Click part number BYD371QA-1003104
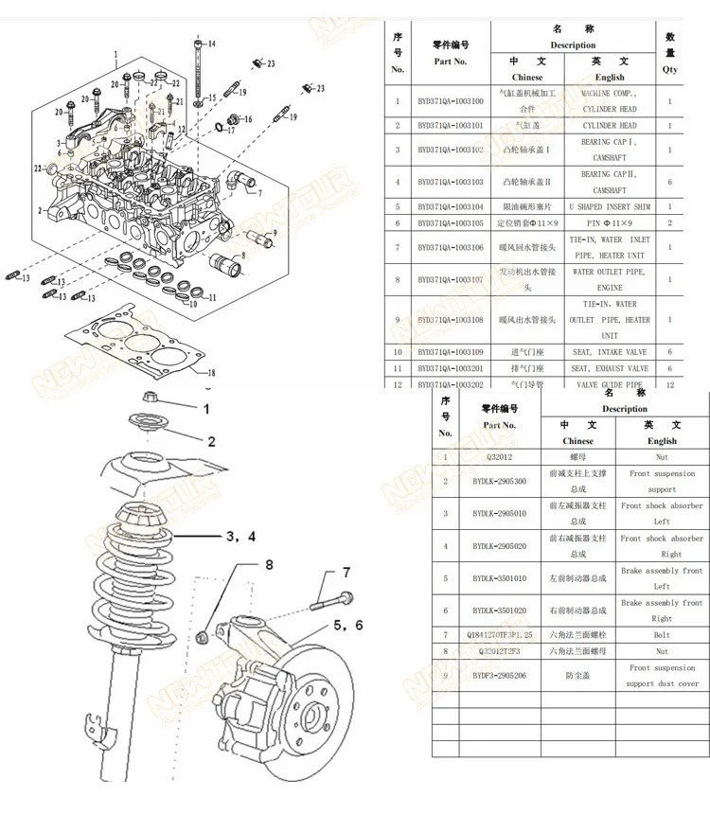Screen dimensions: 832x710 click(451, 206)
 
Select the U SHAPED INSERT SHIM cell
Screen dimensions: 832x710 click(610, 206)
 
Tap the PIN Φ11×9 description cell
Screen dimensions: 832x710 click(610, 223)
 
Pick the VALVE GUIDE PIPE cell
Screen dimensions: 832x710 click(610, 384)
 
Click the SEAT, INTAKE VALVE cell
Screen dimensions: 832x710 click(610, 352)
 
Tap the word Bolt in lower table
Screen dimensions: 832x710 click(662, 635)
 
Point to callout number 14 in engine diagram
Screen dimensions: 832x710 click(211, 44)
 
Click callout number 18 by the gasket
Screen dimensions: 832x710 click(211, 372)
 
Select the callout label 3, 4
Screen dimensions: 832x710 click(240, 537)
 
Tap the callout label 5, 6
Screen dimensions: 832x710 click(347, 625)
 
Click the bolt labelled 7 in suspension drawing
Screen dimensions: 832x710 click(330, 599)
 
